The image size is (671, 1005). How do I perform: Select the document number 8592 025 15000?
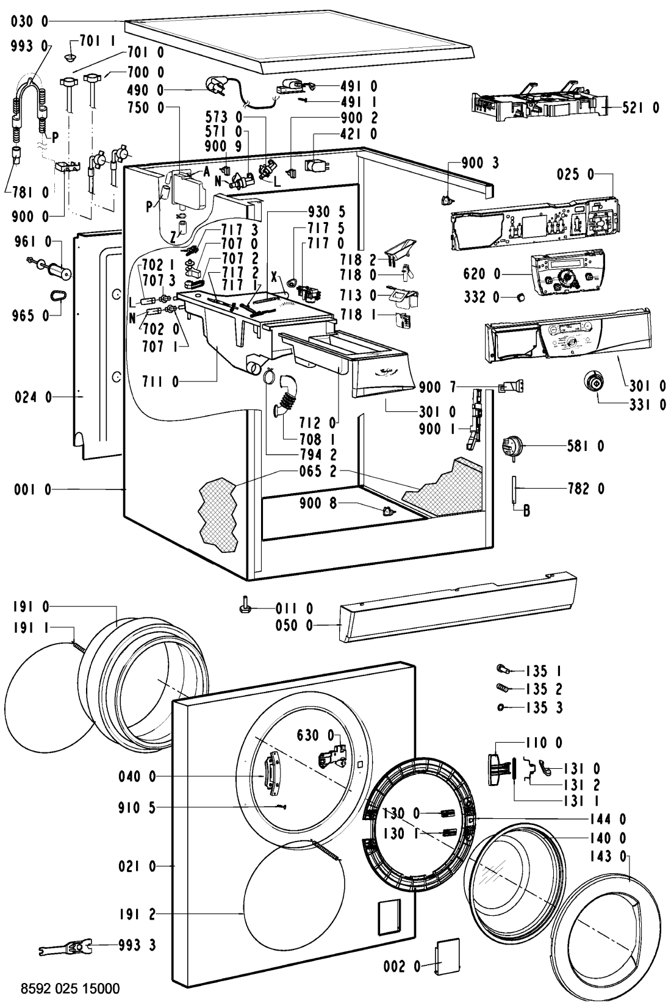tap(70, 987)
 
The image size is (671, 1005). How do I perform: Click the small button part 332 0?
tap(520, 297)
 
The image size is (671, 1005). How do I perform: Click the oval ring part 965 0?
tap(58, 296)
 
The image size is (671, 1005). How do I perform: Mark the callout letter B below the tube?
tap(527, 511)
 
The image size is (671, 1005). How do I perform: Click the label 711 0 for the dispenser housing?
tap(160, 383)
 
